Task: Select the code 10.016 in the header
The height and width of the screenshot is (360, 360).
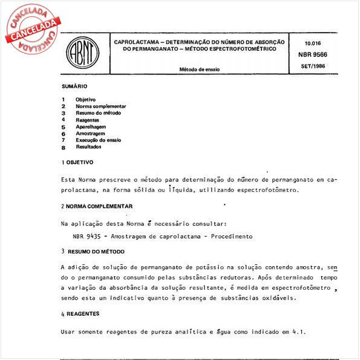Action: tap(313, 44)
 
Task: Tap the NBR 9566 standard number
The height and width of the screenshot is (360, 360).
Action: tap(313, 54)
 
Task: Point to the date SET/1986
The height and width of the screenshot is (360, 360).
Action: tap(313, 65)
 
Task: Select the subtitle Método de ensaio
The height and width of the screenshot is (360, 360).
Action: tap(199, 70)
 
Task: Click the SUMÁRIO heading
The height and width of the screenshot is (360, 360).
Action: tap(74, 87)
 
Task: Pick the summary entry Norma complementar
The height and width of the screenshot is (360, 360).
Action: tap(100, 106)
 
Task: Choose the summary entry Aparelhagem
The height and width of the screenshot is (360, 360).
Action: tap(90, 126)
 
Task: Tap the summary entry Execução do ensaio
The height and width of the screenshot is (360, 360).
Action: tap(98, 140)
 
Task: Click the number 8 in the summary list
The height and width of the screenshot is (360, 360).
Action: tap(63, 147)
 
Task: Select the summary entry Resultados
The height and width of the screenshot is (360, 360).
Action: tap(88, 146)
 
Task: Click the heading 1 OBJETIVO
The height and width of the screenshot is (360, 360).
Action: tap(77, 163)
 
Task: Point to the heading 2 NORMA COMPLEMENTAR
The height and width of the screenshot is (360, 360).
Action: tap(97, 206)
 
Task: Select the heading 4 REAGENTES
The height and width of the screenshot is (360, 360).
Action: tap(80, 314)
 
